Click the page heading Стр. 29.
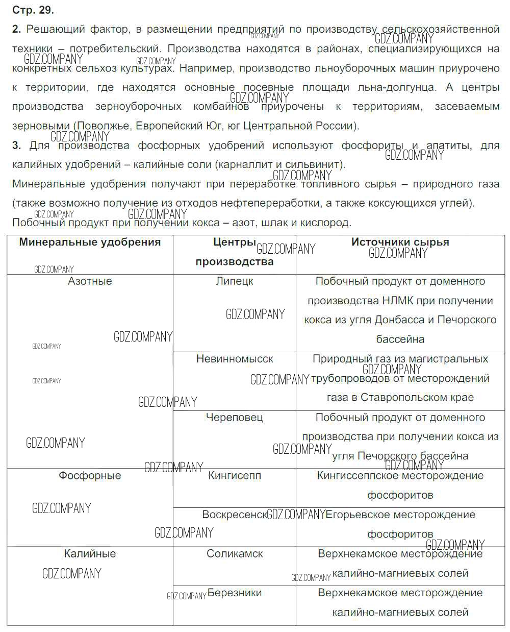[x=33, y=10]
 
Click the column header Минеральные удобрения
[x=90, y=242]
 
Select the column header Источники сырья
[x=400, y=242]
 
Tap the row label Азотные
[x=90, y=281]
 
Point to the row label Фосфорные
[x=90, y=476]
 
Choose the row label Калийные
[x=90, y=554]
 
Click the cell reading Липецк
[x=235, y=281]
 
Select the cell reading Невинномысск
[x=235, y=359]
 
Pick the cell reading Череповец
[x=235, y=418]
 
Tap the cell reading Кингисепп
[x=235, y=476]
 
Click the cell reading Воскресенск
[x=235, y=515]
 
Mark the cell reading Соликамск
[x=235, y=554]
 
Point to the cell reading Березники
[x=235, y=593]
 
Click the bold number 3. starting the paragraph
[x=17, y=145]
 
